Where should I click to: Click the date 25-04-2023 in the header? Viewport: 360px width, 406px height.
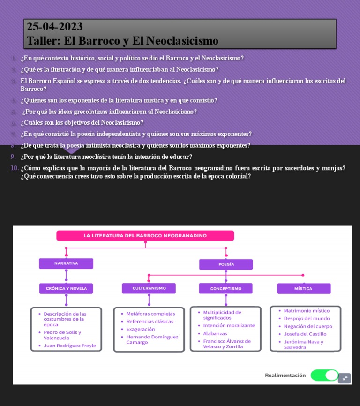click(x=55, y=27)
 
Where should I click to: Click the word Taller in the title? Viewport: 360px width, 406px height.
click(x=43, y=41)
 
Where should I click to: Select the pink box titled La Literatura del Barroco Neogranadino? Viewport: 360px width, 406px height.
click(x=145, y=235)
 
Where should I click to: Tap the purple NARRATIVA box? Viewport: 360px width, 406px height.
click(x=66, y=263)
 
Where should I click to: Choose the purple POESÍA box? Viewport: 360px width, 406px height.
click(x=226, y=264)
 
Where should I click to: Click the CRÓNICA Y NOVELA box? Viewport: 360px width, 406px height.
click(x=66, y=288)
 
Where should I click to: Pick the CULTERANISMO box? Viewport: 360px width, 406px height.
click(x=149, y=288)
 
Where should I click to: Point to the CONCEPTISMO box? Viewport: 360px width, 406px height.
click(x=225, y=288)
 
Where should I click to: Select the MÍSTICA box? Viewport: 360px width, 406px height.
click(x=303, y=288)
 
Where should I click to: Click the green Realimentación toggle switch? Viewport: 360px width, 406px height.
click(x=324, y=375)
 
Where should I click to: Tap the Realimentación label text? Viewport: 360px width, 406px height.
click(x=285, y=375)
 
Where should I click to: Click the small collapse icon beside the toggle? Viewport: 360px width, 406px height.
click(x=345, y=378)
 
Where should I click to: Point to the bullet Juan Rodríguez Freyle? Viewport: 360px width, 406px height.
click(x=70, y=346)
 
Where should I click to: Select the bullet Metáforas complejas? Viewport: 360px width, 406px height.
click(x=150, y=314)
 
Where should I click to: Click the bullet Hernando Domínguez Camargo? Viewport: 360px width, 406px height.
click(x=152, y=339)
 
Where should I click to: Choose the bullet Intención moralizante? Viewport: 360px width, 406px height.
click(x=229, y=325)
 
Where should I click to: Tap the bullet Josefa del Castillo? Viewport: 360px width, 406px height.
click(x=305, y=334)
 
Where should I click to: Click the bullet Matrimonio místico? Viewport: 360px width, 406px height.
click(x=307, y=311)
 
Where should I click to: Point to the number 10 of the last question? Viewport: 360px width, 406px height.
click(x=15, y=168)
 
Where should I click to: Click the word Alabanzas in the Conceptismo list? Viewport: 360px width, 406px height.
click(x=215, y=333)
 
